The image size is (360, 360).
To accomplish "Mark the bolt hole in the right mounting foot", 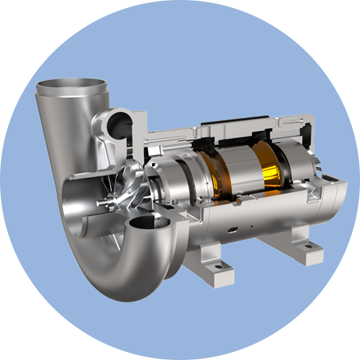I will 308,246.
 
